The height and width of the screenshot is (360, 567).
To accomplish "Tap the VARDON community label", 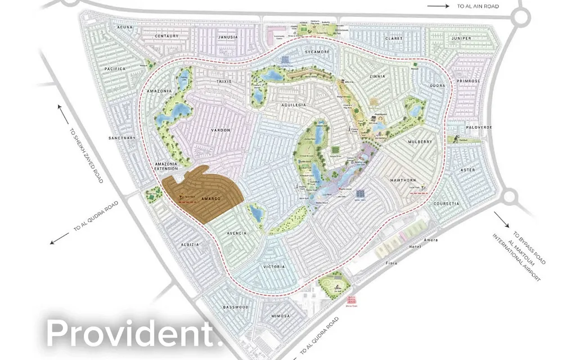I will click(x=221, y=130).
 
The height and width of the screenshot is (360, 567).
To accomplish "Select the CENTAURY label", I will click(x=167, y=36).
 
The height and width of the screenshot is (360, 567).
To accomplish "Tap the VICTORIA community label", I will click(x=274, y=267).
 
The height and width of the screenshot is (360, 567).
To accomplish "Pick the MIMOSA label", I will click(x=280, y=316).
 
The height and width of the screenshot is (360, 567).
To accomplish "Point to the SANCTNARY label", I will click(x=123, y=138).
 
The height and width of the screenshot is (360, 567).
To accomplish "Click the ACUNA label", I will click(x=125, y=26).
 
